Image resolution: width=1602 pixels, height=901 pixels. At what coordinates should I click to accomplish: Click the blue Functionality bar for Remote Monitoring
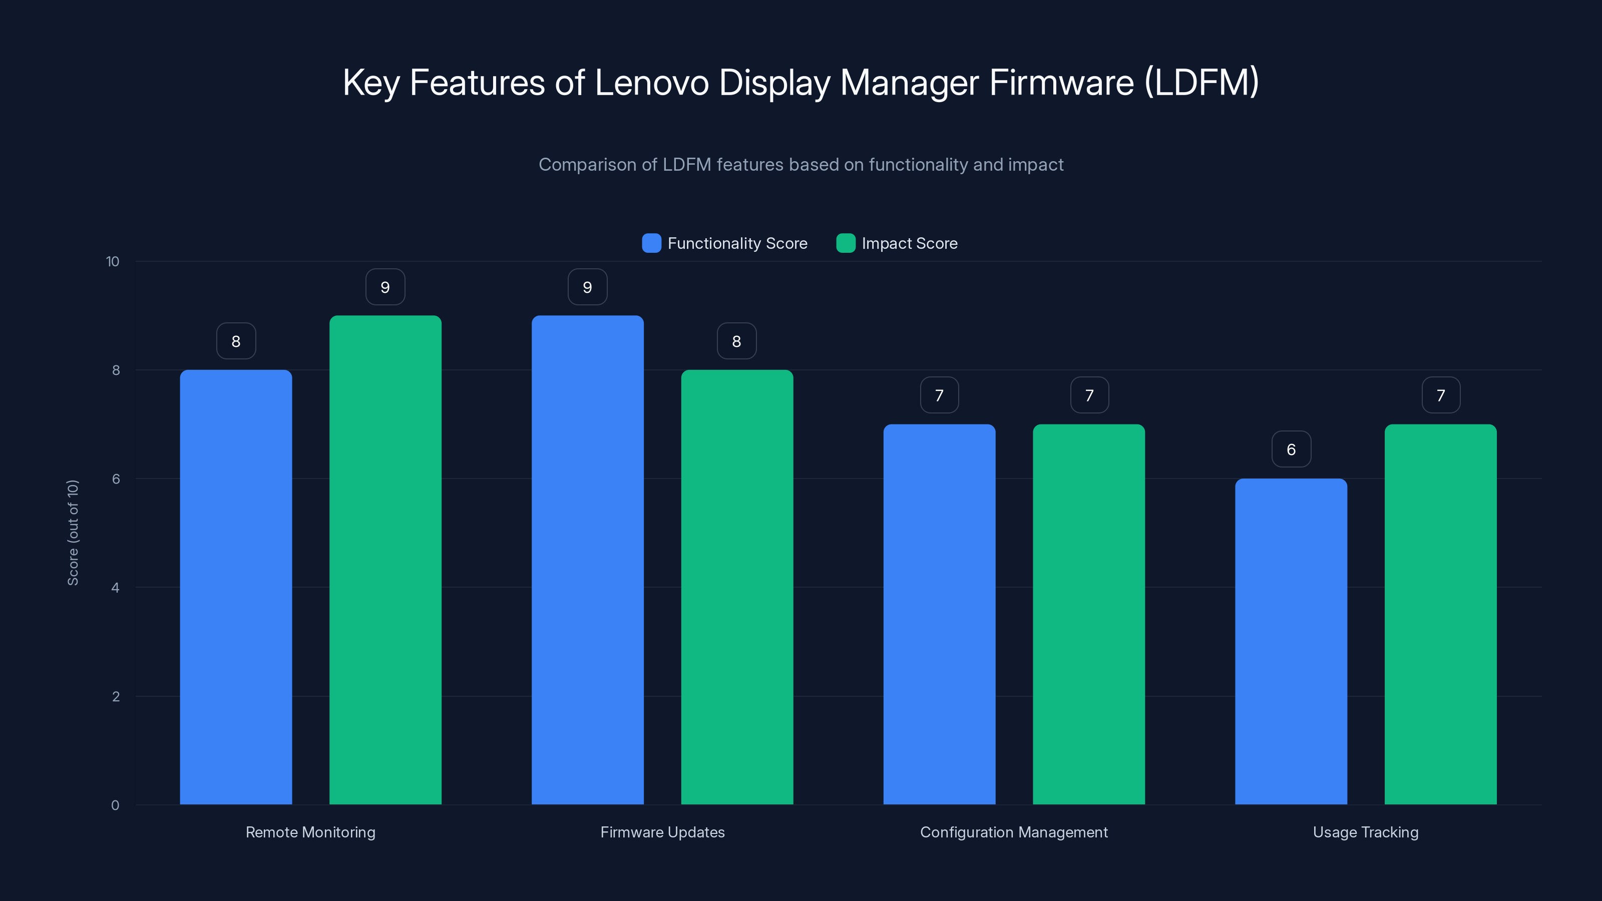236,587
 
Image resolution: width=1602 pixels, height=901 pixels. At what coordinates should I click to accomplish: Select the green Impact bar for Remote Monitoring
385,560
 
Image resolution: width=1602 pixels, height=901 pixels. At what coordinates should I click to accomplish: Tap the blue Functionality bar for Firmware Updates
587,560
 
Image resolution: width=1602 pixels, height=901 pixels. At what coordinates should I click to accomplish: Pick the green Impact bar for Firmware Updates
737,587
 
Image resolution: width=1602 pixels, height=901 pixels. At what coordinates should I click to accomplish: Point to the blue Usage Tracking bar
1291,641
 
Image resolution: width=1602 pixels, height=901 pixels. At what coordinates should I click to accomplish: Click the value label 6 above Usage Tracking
1291,449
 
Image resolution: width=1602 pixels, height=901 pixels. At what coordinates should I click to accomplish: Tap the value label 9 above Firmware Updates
587,287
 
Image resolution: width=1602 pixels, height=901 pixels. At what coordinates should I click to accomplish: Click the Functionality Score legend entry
724,243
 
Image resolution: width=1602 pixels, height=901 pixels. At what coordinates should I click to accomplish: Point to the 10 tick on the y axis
113,261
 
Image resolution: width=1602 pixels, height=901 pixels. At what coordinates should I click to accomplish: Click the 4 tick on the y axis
115,588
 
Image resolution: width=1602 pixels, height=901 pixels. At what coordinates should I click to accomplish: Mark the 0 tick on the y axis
115,805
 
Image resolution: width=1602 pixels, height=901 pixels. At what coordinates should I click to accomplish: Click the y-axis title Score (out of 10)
73,532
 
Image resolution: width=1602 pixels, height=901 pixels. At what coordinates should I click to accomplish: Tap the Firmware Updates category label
662,832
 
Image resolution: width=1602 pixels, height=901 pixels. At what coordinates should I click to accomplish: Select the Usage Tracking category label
1366,832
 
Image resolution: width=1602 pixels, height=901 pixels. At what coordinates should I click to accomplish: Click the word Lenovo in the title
651,83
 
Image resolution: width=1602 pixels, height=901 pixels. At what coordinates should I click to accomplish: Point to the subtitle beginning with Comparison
801,165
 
